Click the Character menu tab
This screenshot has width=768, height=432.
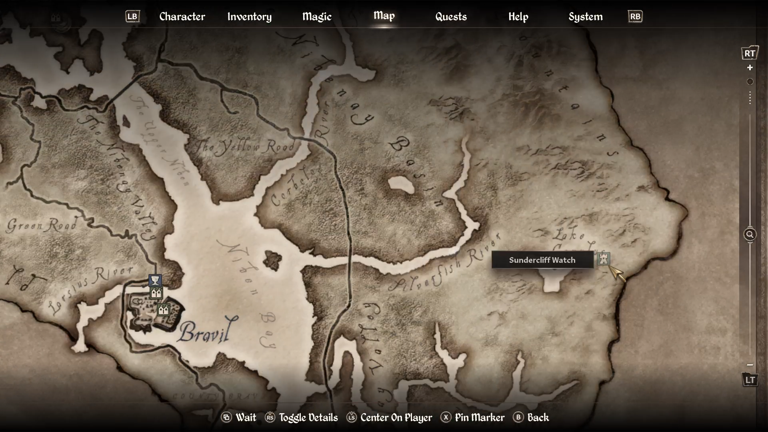182,16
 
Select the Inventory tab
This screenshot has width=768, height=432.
249,16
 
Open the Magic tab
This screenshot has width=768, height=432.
317,16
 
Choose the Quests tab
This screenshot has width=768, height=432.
451,16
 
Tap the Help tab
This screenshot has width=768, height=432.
518,16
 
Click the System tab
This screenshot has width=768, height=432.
585,16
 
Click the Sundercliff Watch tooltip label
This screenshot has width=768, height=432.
542,260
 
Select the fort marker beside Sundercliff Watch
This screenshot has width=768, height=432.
603,259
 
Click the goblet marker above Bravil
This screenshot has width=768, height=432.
155,280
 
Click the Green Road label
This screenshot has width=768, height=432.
42,225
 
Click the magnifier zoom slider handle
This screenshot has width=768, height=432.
750,234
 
